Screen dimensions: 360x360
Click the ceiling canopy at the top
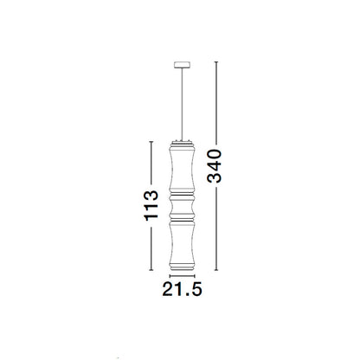[x=182, y=65]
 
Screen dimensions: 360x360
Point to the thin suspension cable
[x=182, y=104]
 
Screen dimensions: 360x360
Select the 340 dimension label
[x=215, y=166]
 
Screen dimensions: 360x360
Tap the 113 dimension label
[x=151, y=205]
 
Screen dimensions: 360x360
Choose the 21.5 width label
[x=182, y=289]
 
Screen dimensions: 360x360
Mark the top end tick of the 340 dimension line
[x=216, y=62]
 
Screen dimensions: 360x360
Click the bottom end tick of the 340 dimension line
[x=216, y=270]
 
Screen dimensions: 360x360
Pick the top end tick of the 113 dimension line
[x=151, y=142]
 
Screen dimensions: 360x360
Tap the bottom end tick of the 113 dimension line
[x=151, y=270]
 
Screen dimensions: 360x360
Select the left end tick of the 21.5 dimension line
[x=170, y=276]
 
